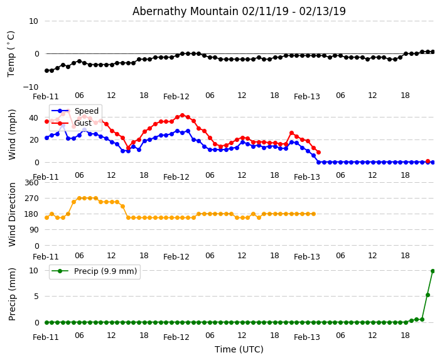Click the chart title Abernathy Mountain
(239, 11)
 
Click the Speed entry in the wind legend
(86, 111)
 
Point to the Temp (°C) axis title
(11, 53)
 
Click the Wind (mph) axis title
(13, 134)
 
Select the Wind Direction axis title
(13, 214)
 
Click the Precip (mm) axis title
(13, 294)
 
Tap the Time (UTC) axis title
(239, 349)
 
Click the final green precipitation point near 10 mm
(433, 271)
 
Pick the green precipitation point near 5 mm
(428, 295)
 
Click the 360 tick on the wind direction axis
(31, 183)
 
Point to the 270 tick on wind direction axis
(31, 199)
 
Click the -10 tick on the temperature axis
(30, 87)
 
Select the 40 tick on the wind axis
(33, 117)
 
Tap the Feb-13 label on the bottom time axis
(307, 337)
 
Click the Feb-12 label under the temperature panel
(176, 97)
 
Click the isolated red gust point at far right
(428, 161)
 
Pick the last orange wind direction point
(313, 214)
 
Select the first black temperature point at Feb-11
(46, 70)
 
